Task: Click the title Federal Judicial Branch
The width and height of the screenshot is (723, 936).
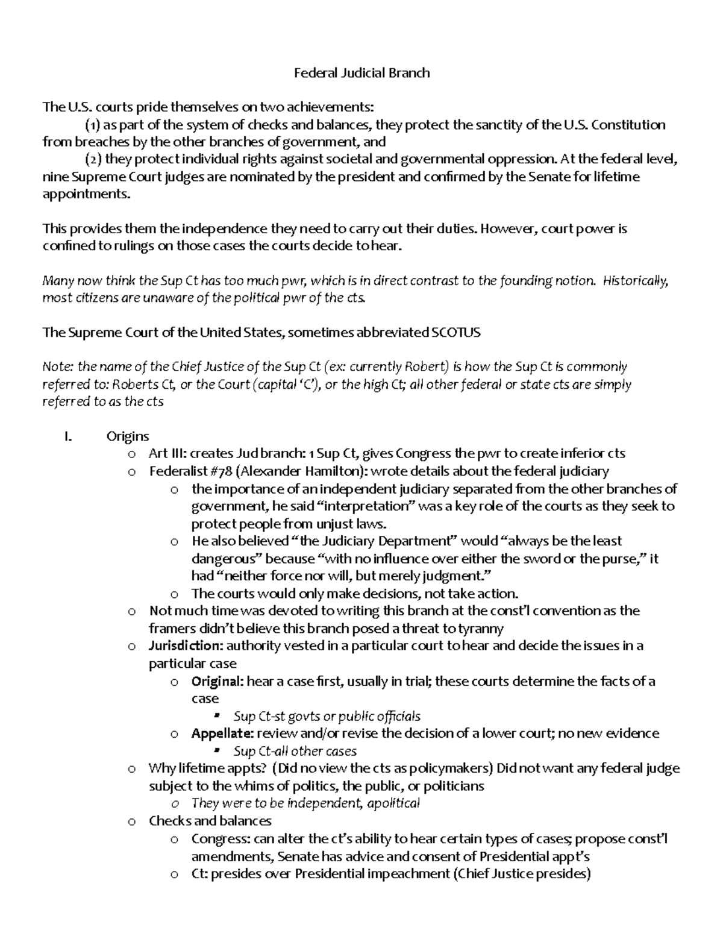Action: pyautogui.click(x=361, y=73)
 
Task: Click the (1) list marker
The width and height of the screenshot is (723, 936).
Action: pyautogui.click(x=92, y=125)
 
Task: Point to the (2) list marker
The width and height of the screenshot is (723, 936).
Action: pyautogui.click(x=92, y=160)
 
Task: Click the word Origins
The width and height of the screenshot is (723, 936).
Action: pyautogui.click(x=127, y=436)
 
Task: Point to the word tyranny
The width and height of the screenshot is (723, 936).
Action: pyautogui.click(x=480, y=629)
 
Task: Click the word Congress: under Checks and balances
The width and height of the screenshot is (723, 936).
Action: pyautogui.click(x=221, y=838)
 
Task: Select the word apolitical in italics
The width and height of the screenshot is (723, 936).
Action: pyautogui.click(x=393, y=803)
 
